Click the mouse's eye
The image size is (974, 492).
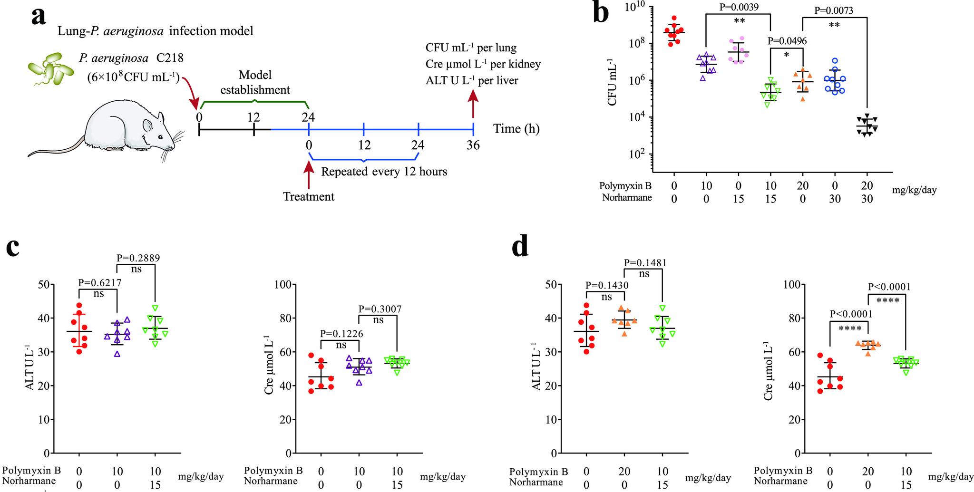tap(160, 137)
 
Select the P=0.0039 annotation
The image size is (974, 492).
tap(738, 7)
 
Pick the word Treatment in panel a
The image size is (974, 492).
tap(309, 196)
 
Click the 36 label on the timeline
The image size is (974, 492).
tap(473, 145)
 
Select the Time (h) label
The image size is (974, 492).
tap(516, 128)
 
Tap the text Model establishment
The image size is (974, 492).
tap(255, 82)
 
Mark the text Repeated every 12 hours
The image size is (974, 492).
tap(384, 171)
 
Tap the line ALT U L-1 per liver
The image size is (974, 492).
tap(472, 80)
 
